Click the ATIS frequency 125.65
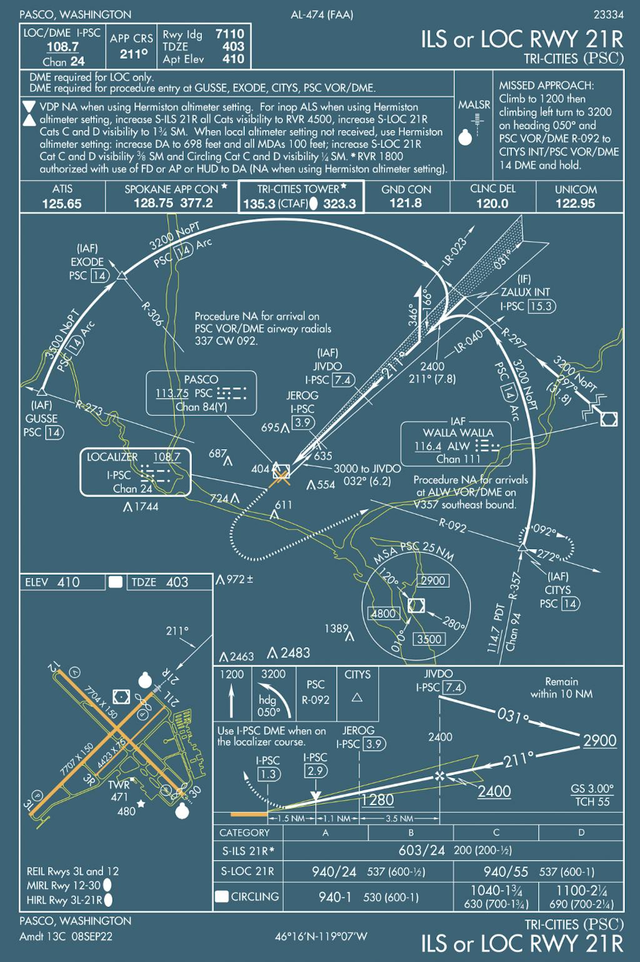[62, 204]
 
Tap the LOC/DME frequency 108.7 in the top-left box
[62, 47]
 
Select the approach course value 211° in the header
[134, 54]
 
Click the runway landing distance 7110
[229, 34]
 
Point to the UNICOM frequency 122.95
[575, 204]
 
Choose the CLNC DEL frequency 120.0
[492, 204]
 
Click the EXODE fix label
[87, 262]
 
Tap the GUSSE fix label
[41, 419]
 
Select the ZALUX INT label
[525, 292]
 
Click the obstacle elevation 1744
[146, 507]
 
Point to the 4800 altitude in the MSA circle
[383, 613]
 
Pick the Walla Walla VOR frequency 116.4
[427, 446]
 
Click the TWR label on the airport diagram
[119, 785]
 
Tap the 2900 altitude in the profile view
[599, 741]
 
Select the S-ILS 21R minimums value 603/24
[421, 850]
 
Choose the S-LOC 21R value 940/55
[506, 871]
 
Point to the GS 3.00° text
[592, 789]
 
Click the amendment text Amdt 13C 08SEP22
[66, 936]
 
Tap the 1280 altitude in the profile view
[377, 800]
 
